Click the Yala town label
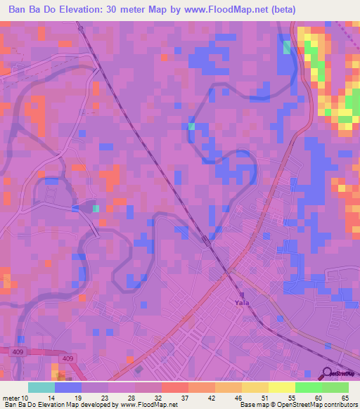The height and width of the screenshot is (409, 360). click(x=242, y=303)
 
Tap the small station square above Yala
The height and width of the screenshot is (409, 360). click(x=242, y=294)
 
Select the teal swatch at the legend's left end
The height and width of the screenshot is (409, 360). click(x=41, y=387)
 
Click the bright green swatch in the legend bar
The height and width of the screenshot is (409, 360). click(x=308, y=387)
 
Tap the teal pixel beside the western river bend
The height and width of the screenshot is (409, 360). click(x=96, y=208)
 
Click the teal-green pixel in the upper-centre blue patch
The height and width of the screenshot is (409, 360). click(x=191, y=126)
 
